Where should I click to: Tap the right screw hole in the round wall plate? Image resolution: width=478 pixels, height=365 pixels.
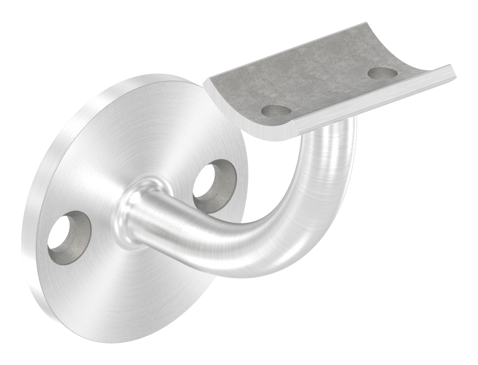(x=214, y=185)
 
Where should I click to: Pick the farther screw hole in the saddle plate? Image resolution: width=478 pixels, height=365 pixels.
(x=382, y=72)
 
